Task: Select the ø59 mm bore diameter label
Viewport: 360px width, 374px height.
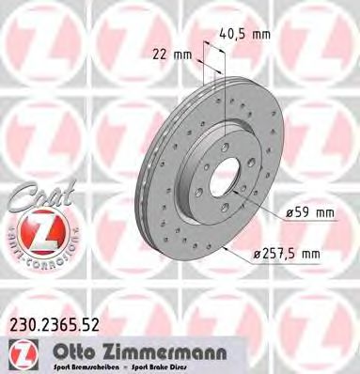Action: [x=310, y=212]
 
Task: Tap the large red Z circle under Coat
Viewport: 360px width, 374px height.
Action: [x=39, y=232]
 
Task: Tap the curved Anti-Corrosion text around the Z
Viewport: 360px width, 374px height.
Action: [x=39, y=262]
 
